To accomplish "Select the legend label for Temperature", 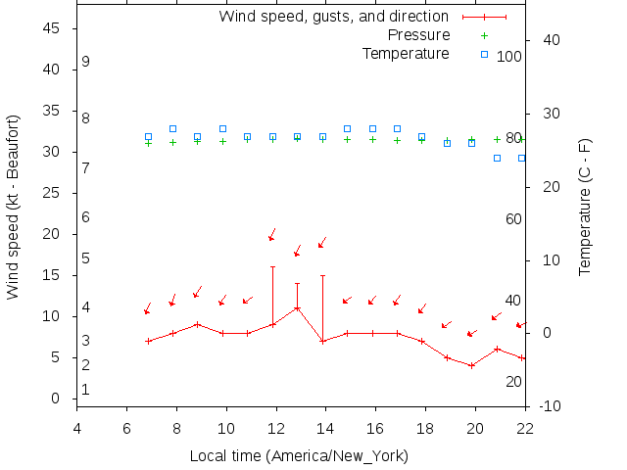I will pos(406,53).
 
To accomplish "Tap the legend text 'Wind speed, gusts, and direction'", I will pos(334,17).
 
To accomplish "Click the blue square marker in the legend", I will pos(484,54).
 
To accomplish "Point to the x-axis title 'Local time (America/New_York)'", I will pos(299,456).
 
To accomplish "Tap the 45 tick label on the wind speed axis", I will pos(53,29).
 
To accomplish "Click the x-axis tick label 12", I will pos(276,427).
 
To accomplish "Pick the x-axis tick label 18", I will pos(425,427).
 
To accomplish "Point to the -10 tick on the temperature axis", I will pos(550,406).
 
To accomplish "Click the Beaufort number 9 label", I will pos(86,62).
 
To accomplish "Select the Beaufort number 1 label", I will pos(86,390).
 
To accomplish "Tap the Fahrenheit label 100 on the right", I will pos(509,57).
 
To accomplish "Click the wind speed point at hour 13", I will pos(297,307).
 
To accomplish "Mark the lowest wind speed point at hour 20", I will pos(471,365).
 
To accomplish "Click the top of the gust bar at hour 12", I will pos(273,266).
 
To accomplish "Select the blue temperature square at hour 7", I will pos(148,137).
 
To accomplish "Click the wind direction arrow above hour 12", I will pos(272,235).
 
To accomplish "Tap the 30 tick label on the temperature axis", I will pos(550,114).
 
